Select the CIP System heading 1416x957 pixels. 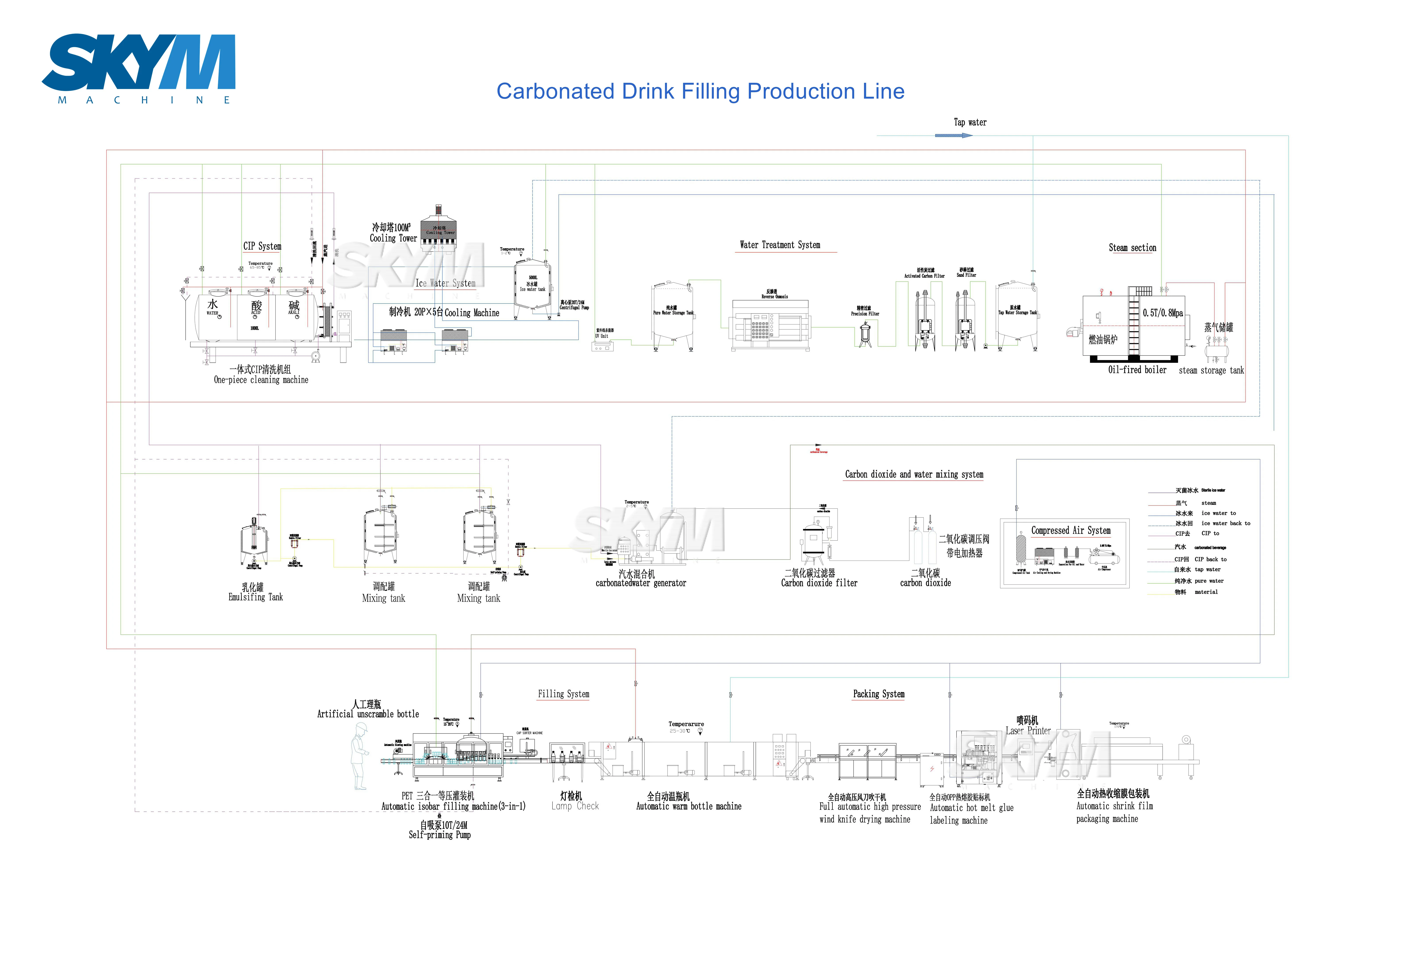click(262, 246)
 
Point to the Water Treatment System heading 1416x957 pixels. click(780, 245)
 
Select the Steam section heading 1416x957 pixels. click(1132, 248)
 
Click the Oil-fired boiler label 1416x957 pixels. click(1137, 370)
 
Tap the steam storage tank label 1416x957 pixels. click(1211, 370)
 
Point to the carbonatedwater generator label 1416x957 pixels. click(640, 583)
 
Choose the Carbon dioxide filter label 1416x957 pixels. click(819, 583)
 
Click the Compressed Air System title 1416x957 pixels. click(1071, 530)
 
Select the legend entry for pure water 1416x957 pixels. click(1209, 581)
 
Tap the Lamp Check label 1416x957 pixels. click(575, 806)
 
